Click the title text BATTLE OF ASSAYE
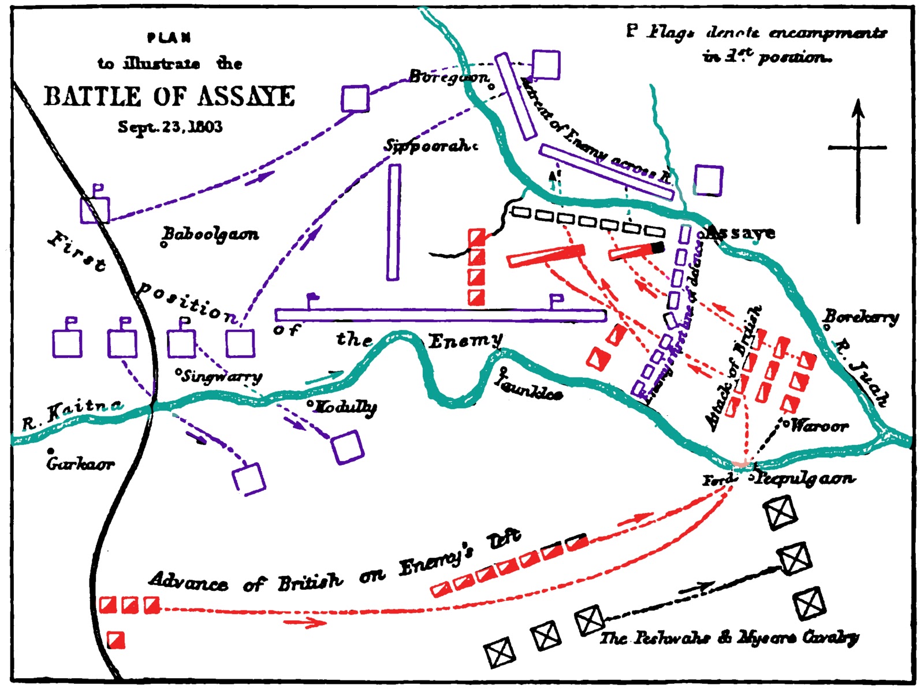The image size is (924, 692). pyautogui.click(x=169, y=96)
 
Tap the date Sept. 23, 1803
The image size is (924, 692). pyautogui.click(x=170, y=127)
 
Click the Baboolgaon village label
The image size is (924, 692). pyautogui.click(x=211, y=235)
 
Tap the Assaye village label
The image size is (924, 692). pyautogui.click(x=742, y=233)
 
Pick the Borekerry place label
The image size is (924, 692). pyautogui.click(x=861, y=317)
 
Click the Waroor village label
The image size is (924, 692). pyautogui.click(x=819, y=426)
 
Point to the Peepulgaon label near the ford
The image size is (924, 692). pyautogui.click(x=805, y=478)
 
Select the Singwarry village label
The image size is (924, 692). pyautogui.click(x=221, y=377)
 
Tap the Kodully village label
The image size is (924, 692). pyautogui.click(x=343, y=407)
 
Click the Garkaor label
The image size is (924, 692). pyautogui.click(x=80, y=463)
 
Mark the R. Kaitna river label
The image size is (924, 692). pyautogui.click(x=72, y=414)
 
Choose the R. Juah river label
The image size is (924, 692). pyautogui.click(x=862, y=373)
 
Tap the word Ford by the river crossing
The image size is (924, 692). pyautogui.click(x=718, y=479)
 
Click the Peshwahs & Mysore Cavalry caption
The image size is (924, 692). pyautogui.click(x=729, y=638)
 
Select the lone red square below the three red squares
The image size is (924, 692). pyautogui.click(x=116, y=639)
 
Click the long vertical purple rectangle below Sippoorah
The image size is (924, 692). pyautogui.click(x=393, y=222)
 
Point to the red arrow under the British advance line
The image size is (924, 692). pyautogui.click(x=304, y=622)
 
